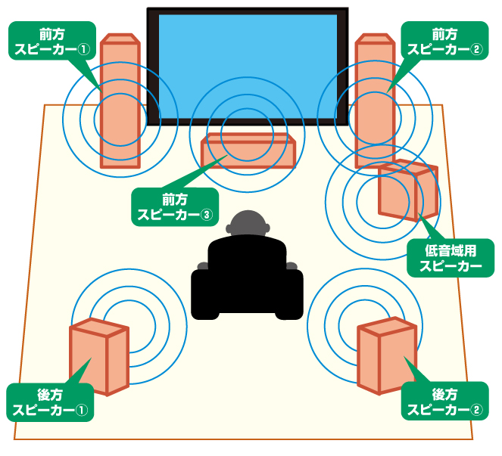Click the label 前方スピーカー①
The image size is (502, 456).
(51, 42)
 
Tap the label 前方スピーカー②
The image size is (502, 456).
(444, 42)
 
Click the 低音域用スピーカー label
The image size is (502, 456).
(451, 258)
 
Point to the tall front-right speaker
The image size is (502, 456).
(375, 98)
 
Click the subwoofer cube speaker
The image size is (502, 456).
(407, 190)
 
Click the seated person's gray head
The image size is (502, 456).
(249, 224)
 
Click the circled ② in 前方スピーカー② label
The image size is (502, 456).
(475, 50)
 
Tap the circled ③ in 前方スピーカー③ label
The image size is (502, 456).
(204, 214)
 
